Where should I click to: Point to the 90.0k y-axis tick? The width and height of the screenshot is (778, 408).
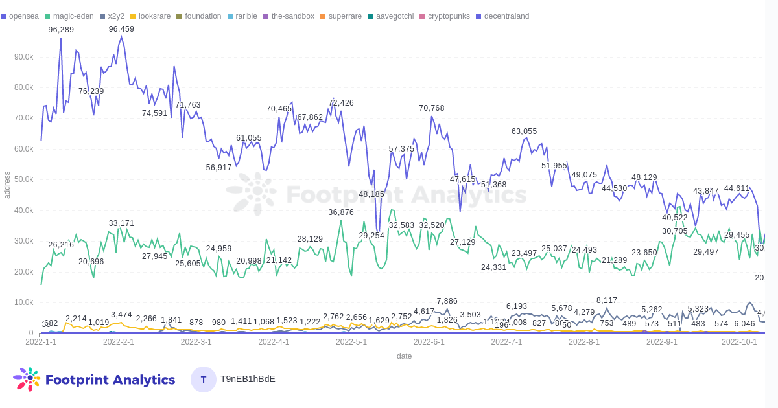24,57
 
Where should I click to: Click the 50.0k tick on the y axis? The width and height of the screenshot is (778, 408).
24,179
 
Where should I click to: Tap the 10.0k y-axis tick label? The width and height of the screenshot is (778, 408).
24,302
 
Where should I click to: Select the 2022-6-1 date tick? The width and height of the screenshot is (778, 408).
429,342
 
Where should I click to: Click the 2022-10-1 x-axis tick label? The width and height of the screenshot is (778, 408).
739,342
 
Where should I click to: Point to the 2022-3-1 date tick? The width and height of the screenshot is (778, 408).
196,342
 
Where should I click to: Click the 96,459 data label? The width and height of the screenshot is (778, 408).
121,29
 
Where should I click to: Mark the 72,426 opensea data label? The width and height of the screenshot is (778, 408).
341,103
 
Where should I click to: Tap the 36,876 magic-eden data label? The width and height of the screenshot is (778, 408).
341,212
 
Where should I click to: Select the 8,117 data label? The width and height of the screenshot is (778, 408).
607,300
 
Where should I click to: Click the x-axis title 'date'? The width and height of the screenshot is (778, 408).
404,356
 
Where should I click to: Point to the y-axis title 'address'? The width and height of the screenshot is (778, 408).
7,185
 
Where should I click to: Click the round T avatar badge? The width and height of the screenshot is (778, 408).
204,380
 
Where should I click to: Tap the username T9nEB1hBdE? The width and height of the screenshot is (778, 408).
248,379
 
